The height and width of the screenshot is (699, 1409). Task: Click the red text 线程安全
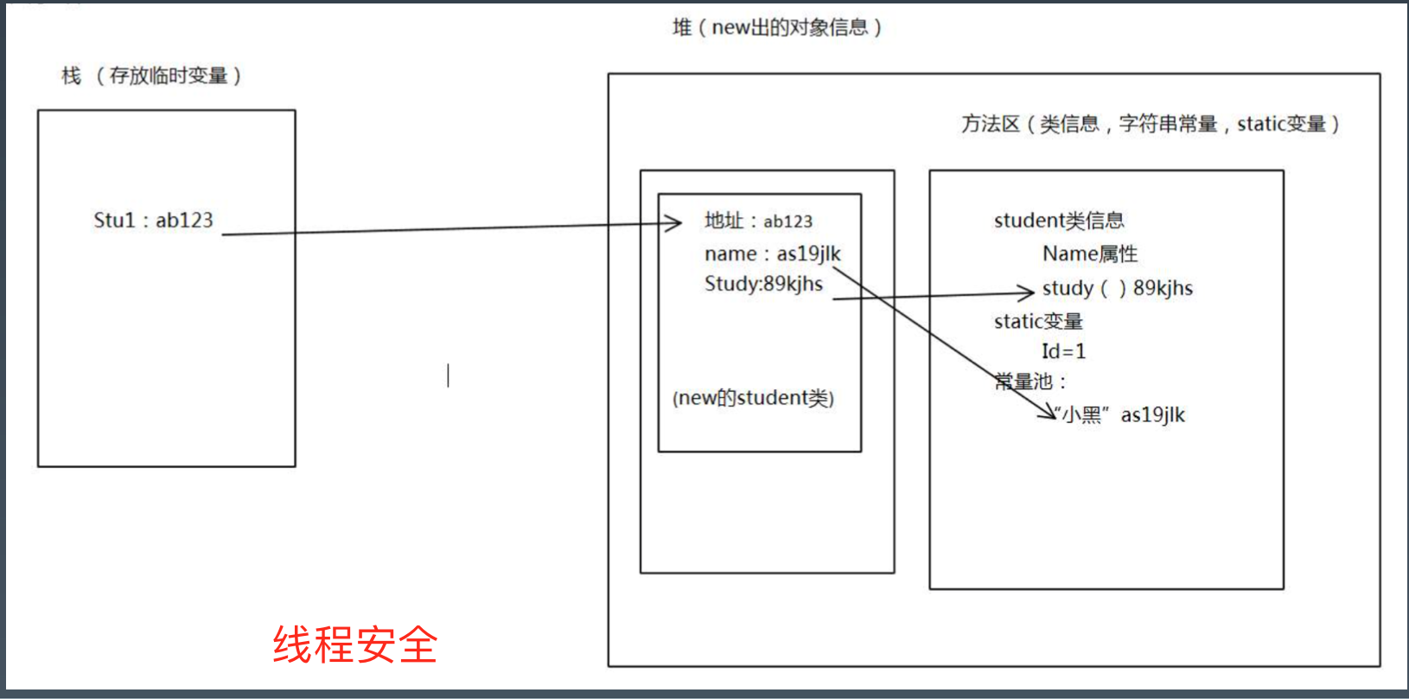[355, 644]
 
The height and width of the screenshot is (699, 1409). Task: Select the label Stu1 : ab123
[153, 221]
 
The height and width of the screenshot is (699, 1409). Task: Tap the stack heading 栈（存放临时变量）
[151, 76]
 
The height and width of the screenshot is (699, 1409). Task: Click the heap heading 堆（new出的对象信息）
[776, 28]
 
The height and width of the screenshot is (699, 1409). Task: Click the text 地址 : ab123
[758, 221]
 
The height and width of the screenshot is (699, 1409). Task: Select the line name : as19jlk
[772, 254]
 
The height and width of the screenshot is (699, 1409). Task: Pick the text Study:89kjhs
[763, 284]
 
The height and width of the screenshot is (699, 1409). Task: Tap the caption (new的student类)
[753, 398]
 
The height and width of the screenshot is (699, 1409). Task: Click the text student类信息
[1058, 221]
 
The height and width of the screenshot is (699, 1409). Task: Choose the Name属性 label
[1089, 254]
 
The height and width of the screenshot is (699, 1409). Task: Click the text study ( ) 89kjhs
[1117, 288]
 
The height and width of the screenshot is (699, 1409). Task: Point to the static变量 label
[1037, 322]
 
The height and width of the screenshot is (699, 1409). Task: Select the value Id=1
[1063, 351]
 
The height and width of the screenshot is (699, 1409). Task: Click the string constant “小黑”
[1081, 415]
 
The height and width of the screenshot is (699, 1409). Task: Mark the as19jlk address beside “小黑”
[1152, 415]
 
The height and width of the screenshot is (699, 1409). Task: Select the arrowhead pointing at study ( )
[1026, 292]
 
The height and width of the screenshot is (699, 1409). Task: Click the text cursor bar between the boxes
[448, 375]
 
